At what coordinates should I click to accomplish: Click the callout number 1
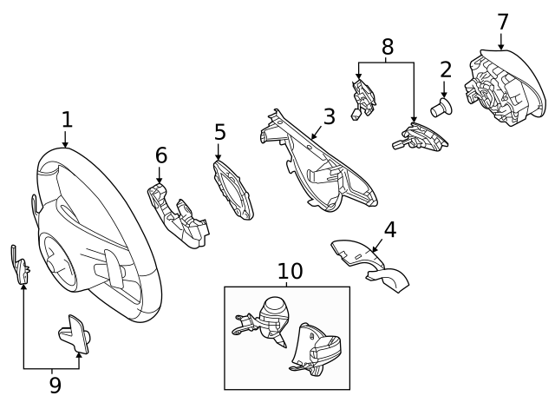point(66,120)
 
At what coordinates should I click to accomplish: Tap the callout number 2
point(446,69)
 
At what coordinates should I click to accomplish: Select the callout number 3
point(329,116)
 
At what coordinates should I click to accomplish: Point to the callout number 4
point(389,229)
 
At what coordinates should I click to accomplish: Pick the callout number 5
point(220,132)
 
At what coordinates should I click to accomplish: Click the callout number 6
point(160,155)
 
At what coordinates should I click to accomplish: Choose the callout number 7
point(502,21)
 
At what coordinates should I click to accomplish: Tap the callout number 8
point(387,46)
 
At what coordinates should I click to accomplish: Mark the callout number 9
point(55,385)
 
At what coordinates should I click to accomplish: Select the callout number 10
point(290,271)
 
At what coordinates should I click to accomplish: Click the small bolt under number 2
point(444,109)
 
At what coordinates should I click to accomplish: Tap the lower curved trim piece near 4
point(388,280)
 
